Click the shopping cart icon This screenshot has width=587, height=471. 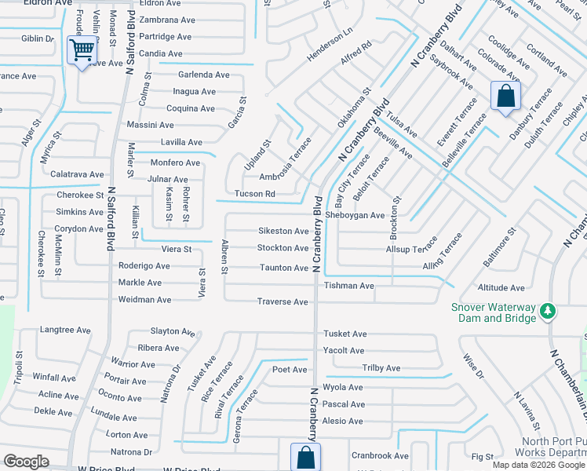pos(82,51)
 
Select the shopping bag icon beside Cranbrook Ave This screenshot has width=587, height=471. pos(304,458)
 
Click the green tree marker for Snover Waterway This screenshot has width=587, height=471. pos(549,312)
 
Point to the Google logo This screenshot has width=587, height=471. pos(26,462)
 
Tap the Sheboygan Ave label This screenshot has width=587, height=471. pos(355,215)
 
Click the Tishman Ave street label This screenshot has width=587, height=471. pos(348,286)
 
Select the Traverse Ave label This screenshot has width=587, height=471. pos(283,301)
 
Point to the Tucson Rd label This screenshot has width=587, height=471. pos(254,194)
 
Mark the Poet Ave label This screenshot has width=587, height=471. pos(289,369)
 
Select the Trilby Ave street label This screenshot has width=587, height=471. pos(381,368)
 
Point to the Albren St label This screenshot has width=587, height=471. pos(224,257)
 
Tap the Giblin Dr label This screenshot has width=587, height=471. pos(38,38)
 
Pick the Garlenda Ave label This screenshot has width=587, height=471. pos(203,75)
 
